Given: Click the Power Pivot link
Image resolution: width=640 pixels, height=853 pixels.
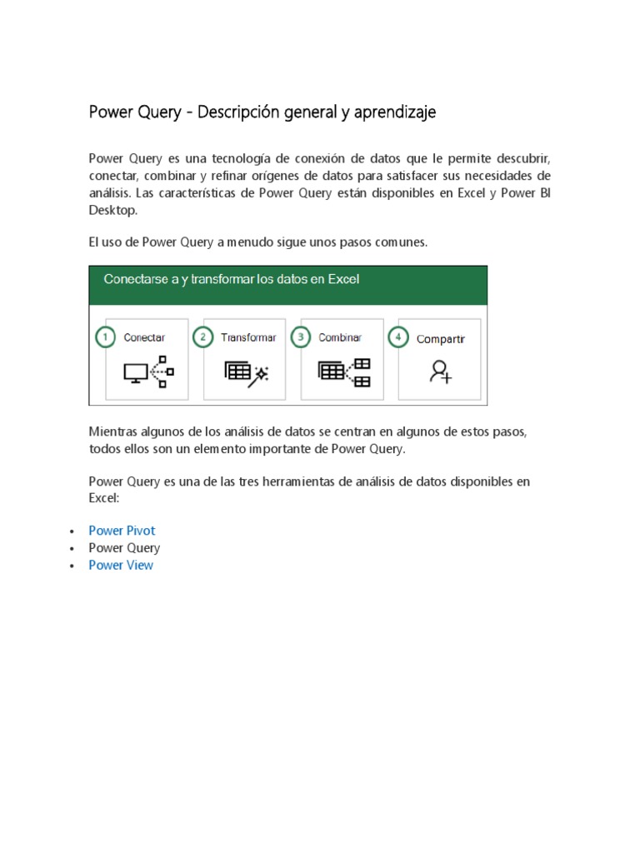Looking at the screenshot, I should (x=122, y=531).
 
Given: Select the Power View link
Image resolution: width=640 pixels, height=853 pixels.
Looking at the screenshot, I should (x=121, y=565).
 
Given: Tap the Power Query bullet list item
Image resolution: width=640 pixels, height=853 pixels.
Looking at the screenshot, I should (x=124, y=548).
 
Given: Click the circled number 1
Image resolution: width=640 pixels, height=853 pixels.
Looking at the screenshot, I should (x=105, y=337).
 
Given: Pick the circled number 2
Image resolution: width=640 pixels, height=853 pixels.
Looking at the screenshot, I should (x=202, y=337).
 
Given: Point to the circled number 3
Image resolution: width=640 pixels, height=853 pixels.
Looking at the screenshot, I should (x=300, y=337).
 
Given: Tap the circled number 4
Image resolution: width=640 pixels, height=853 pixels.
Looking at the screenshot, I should (x=397, y=338).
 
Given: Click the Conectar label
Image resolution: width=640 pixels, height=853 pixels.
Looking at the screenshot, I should (x=144, y=338).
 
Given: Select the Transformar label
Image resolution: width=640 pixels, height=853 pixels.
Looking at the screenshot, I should (x=248, y=338).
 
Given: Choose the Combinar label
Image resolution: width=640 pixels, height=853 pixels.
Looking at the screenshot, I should (x=340, y=338).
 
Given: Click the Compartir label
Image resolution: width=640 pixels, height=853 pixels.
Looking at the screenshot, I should (x=440, y=339).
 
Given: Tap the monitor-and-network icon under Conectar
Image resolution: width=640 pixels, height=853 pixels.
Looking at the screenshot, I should (x=147, y=371).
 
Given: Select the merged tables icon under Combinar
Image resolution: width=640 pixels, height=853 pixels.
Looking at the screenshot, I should (x=344, y=372).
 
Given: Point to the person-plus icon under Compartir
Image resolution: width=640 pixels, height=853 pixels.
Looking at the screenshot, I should (x=440, y=372).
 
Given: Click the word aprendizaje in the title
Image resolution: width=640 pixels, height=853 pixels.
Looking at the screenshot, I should (x=395, y=112).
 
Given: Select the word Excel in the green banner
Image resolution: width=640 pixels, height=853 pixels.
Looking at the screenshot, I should (x=343, y=280).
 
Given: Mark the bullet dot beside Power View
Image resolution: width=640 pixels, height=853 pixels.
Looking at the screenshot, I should (x=72, y=566).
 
